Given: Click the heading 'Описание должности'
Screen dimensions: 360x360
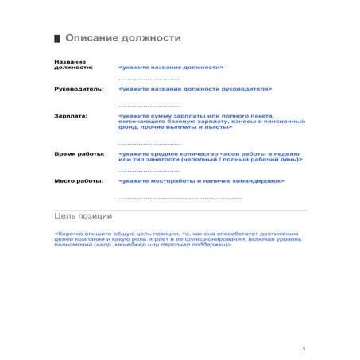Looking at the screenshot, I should click(x=122, y=37).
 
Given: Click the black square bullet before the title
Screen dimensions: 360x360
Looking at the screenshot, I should click(x=56, y=38).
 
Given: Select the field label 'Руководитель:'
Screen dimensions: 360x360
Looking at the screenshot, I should click(x=79, y=89).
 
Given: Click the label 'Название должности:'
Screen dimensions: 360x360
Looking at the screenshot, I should click(x=72, y=64).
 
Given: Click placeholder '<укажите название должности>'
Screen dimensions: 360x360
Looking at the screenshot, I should click(x=170, y=68).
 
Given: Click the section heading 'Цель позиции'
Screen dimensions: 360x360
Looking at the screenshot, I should click(x=83, y=215).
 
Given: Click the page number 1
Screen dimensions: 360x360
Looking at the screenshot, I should click(x=305, y=348).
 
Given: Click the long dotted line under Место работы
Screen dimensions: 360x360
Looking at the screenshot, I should click(x=180, y=196).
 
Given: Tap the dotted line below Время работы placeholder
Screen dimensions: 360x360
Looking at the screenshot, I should click(x=149, y=170).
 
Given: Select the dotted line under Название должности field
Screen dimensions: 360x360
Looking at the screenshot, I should click(x=149, y=79).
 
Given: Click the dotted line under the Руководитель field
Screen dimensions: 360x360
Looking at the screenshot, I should click(x=149, y=105).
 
